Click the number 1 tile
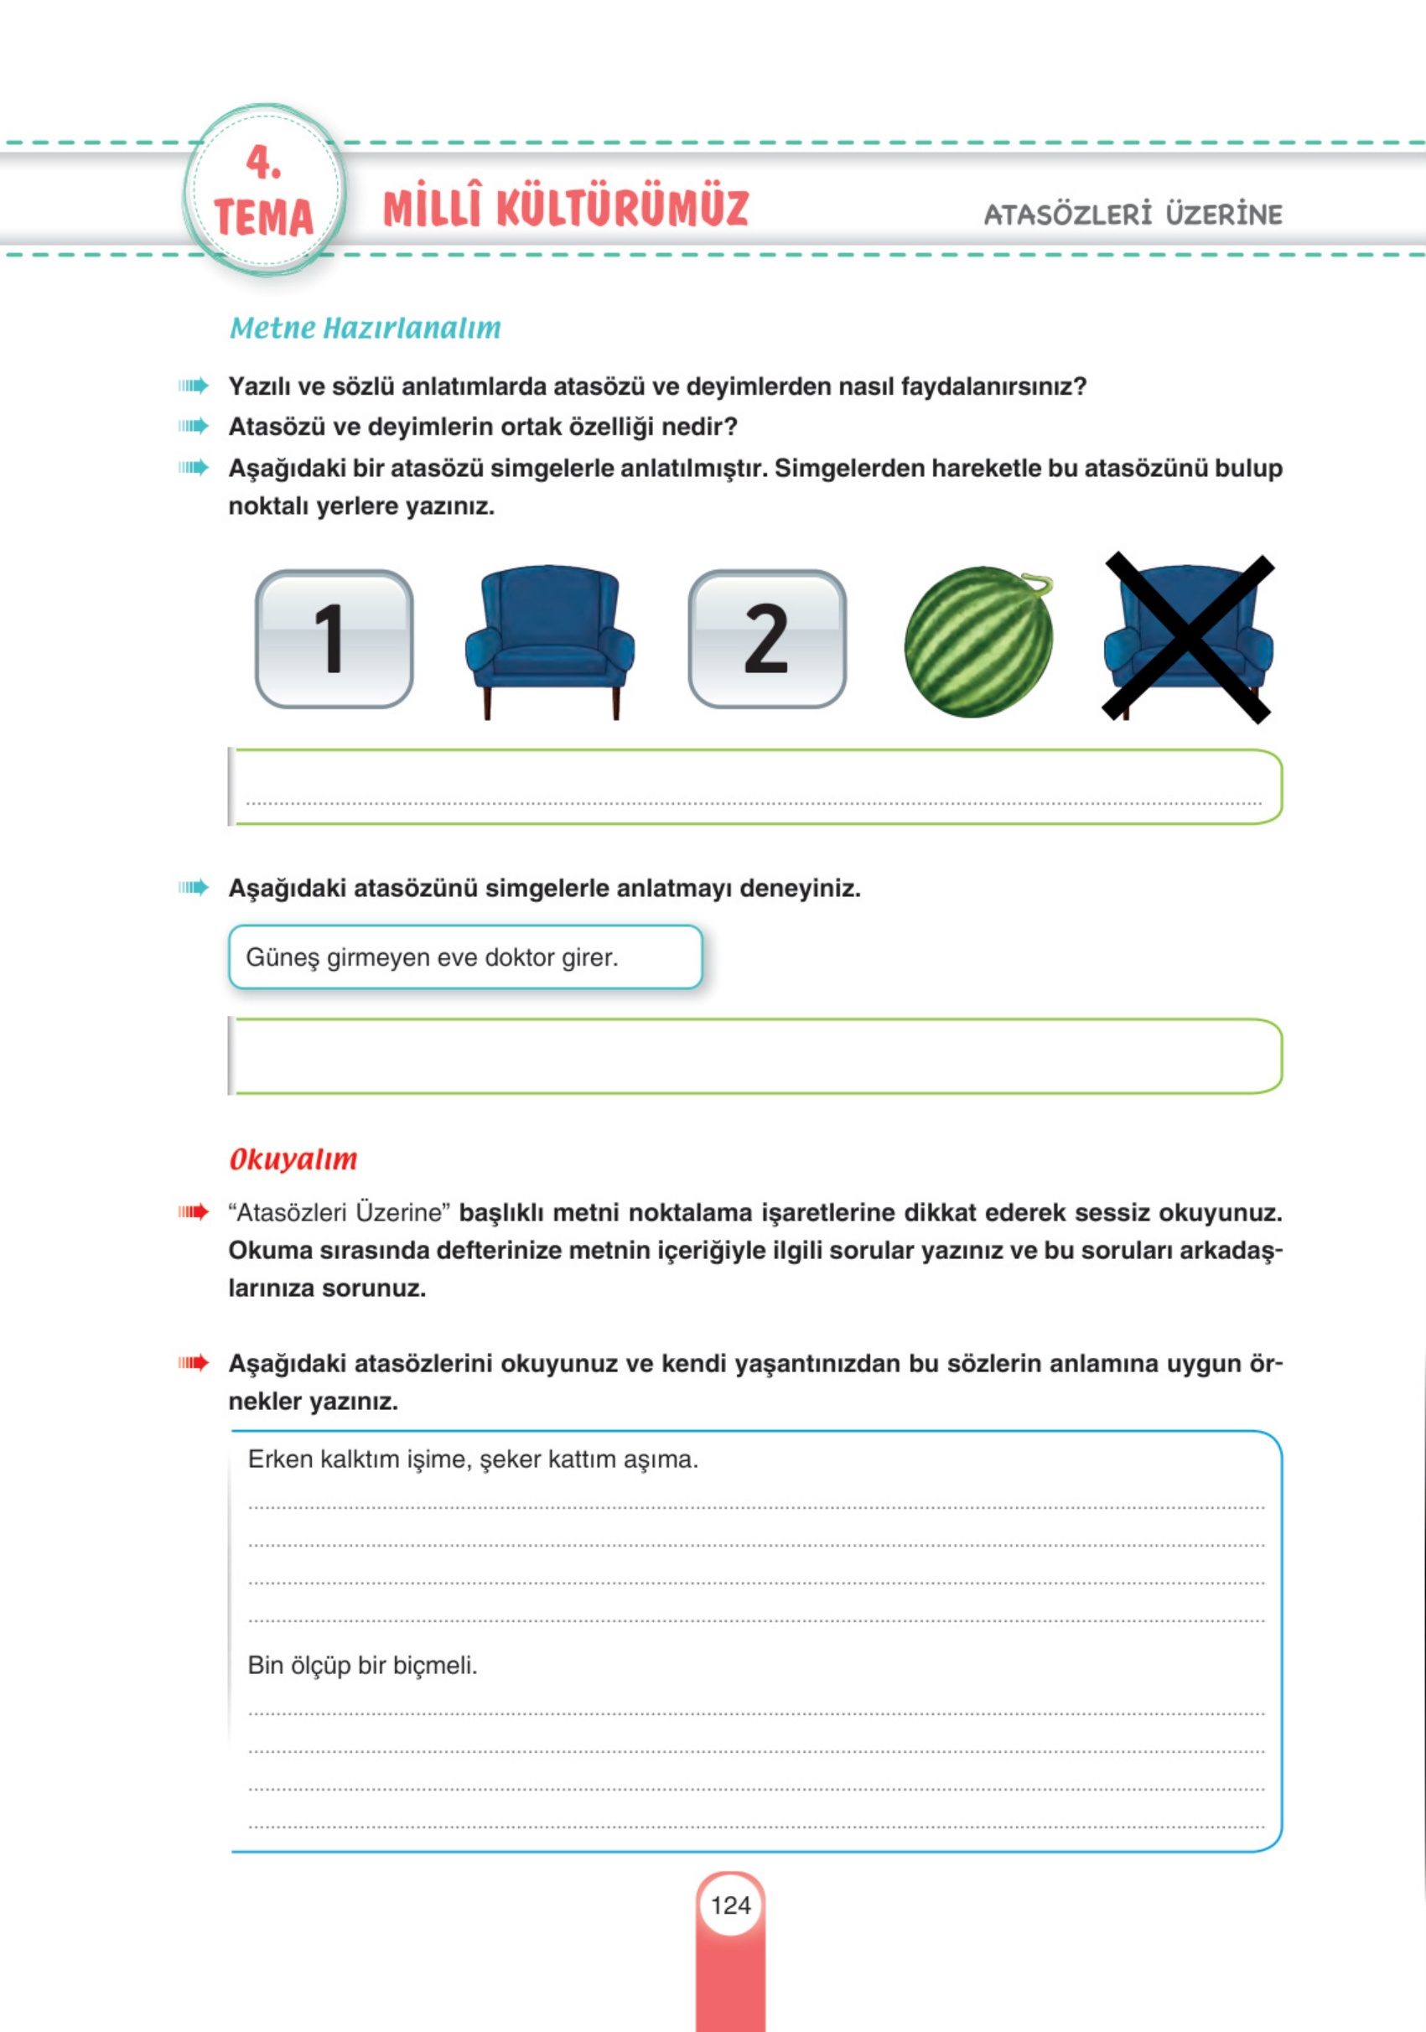[x=334, y=638]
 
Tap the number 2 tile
[x=766, y=638]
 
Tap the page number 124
[x=730, y=1905]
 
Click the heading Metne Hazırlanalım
[x=365, y=329]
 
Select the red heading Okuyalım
[x=293, y=1159]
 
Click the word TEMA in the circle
[x=264, y=218]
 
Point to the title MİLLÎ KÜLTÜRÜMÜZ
[x=566, y=209]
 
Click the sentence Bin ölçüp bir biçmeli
[x=362, y=1666]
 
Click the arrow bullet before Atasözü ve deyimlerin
[x=193, y=427]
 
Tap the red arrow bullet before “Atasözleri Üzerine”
[x=193, y=1211]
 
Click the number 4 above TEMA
[x=263, y=163]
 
